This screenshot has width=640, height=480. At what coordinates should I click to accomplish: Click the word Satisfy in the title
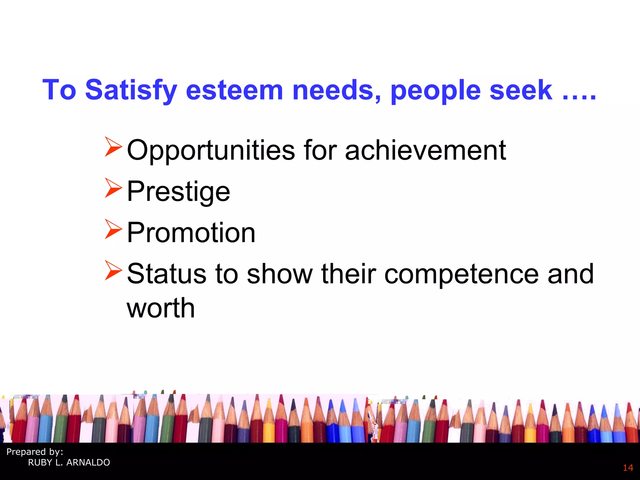point(131,90)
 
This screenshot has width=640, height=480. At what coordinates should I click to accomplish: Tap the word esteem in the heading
point(234,90)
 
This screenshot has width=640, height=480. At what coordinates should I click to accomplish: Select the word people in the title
point(436,91)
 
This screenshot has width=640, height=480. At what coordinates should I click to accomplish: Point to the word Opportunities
point(211,151)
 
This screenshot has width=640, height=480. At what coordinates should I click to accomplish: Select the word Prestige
point(178,191)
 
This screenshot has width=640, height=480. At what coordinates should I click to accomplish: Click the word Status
point(167,274)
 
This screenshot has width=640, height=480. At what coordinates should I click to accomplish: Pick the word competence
point(461,274)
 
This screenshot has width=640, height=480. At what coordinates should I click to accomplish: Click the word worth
point(161,308)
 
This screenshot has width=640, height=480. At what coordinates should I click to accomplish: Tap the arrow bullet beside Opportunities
point(113,147)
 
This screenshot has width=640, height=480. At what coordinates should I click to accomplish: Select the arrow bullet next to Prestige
point(113,188)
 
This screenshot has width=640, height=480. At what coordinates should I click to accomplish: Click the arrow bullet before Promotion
point(113,229)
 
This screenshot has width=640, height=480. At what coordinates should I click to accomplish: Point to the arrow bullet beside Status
point(113,270)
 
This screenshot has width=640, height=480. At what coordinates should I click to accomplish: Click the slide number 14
point(628,468)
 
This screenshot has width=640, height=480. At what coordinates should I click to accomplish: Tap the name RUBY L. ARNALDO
point(69,462)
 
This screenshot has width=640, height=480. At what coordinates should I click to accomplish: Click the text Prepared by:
point(35,452)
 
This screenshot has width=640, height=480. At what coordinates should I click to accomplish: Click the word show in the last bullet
point(280,274)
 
